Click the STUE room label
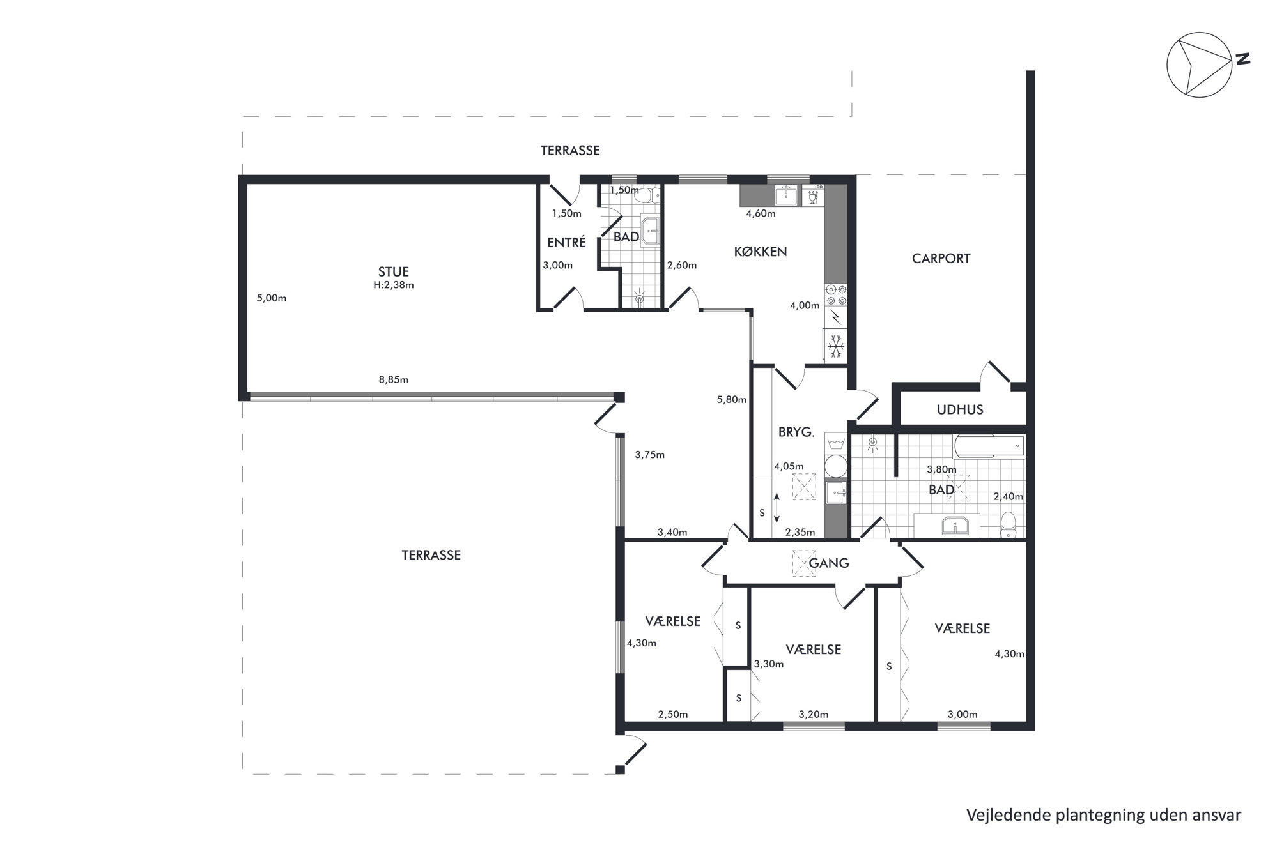pos(393,272)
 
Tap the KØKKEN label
pos(760,252)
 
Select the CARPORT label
pos(941,259)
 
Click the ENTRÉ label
pos(566,243)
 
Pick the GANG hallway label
pos(829,563)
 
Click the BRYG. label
pos(796,432)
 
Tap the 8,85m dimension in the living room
pos(394,379)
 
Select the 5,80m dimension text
pos(732,400)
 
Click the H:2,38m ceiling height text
pos(394,285)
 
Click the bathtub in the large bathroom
pos(988,447)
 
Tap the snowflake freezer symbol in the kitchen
pos(836,346)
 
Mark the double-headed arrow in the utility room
pos(777,508)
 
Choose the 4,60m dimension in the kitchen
pos(761,213)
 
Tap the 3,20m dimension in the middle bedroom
pos(814,714)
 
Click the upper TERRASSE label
pos(570,151)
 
